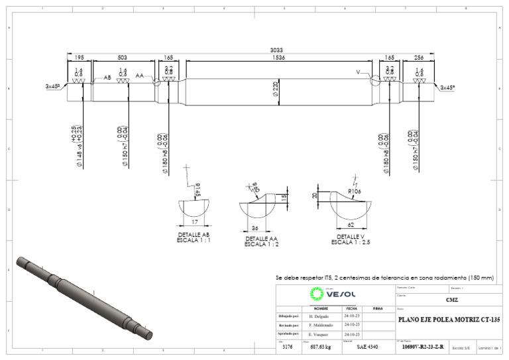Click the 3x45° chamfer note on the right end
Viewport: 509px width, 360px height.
447,87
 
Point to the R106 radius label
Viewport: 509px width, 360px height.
357,192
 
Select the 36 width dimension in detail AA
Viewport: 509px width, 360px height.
255,228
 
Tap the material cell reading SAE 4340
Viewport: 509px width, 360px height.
368,346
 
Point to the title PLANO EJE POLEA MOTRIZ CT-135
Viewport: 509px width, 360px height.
449,320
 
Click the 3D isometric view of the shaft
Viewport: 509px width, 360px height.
85,296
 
